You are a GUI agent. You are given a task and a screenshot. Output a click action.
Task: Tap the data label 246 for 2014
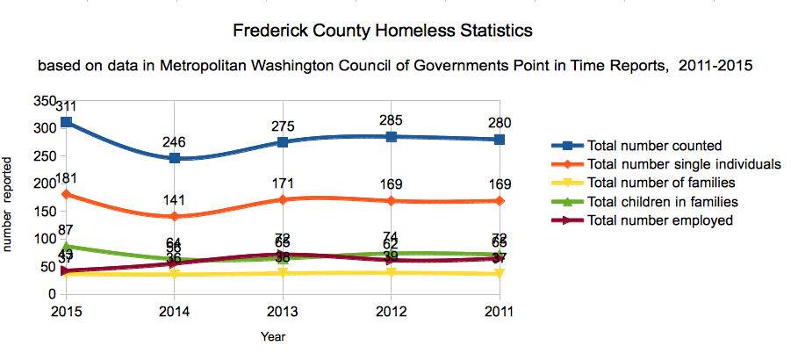[x=174, y=141]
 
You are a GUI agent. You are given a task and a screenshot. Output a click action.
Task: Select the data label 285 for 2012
[x=391, y=119]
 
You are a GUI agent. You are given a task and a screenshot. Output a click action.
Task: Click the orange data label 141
[x=174, y=200]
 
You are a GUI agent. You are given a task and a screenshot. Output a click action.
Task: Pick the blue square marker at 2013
[x=283, y=141]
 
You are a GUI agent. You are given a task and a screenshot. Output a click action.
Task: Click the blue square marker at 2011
[x=500, y=140]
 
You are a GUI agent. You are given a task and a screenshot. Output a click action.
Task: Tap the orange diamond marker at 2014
[x=174, y=216]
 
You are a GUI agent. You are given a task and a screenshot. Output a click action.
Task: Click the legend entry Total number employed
[x=659, y=221]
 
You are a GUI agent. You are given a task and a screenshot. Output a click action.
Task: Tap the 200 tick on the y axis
[x=45, y=184]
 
